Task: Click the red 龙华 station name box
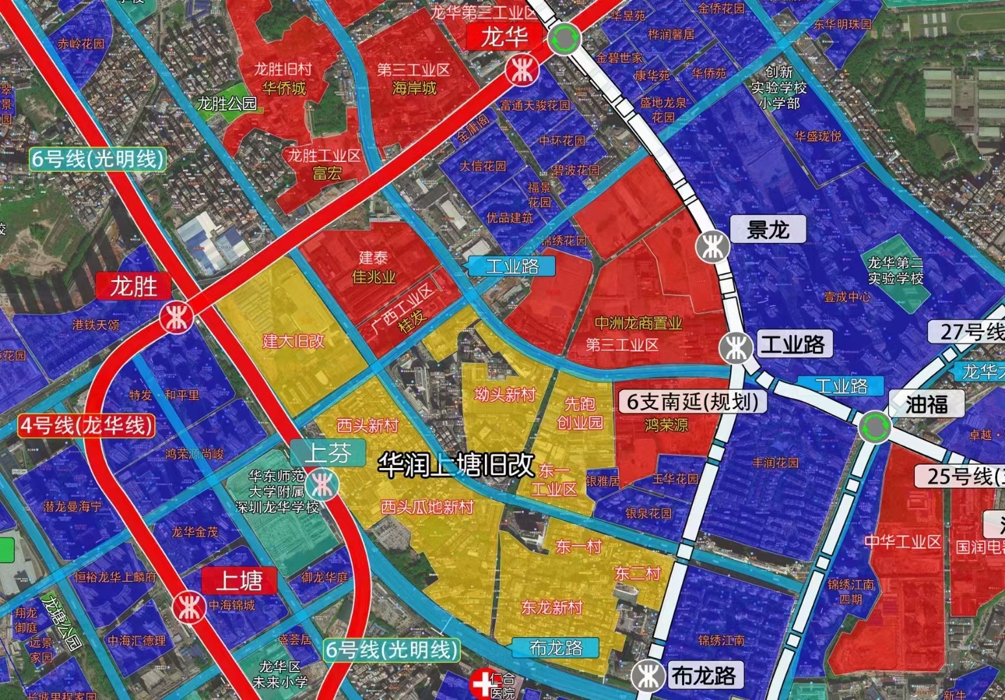(x=504, y=37)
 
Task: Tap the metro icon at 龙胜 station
(x=176, y=318)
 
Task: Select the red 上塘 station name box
(x=239, y=581)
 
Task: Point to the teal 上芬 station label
(x=327, y=453)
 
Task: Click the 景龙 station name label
(x=768, y=229)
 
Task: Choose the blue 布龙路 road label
(x=556, y=647)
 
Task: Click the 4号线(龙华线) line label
(x=87, y=425)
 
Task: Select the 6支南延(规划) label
(x=692, y=401)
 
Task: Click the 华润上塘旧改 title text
(x=456, y=465)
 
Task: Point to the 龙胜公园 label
(x=227, y=104)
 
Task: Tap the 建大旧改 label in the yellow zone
(x=293, y=341)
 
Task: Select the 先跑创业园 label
(x=580, y=413)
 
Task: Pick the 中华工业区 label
(x=902, y=542)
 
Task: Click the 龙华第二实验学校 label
(x=895, y=270)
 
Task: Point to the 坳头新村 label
(x=505, y=394)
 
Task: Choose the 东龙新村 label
(x=552, y=607)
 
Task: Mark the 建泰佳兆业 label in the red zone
(x=374, y=267)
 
